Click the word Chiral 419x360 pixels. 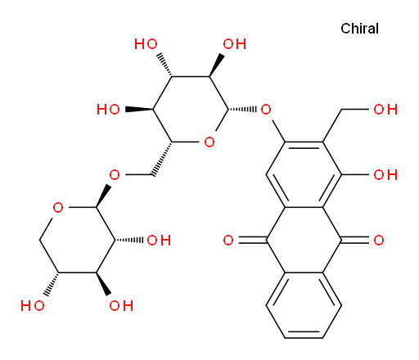(359, 29)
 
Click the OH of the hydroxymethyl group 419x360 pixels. (385, 110)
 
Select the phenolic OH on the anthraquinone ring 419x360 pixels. (385, 175)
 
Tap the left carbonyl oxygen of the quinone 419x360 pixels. (228, 241)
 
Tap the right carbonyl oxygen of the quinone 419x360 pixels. (379, 241)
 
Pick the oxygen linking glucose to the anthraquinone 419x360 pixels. (266, 110)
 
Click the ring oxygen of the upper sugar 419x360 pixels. (209, 142)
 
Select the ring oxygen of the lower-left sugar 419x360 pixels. (58, 208)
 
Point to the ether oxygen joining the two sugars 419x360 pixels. (115, 175)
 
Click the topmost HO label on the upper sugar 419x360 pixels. (146, 44)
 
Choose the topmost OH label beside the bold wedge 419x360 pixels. (235, 44)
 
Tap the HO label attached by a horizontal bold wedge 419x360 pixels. (108, 110)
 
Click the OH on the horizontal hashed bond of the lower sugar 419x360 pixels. (159, 241)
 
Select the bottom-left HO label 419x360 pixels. (33, 306)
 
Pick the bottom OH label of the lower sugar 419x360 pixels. (121, 306)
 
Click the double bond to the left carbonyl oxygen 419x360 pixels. (252, 241)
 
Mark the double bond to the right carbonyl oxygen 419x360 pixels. (355, 241)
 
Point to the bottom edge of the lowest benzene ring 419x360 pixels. (304, 338)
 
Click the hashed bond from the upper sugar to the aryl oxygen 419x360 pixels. (242, 110)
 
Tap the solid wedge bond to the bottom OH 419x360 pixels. (103, 284)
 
